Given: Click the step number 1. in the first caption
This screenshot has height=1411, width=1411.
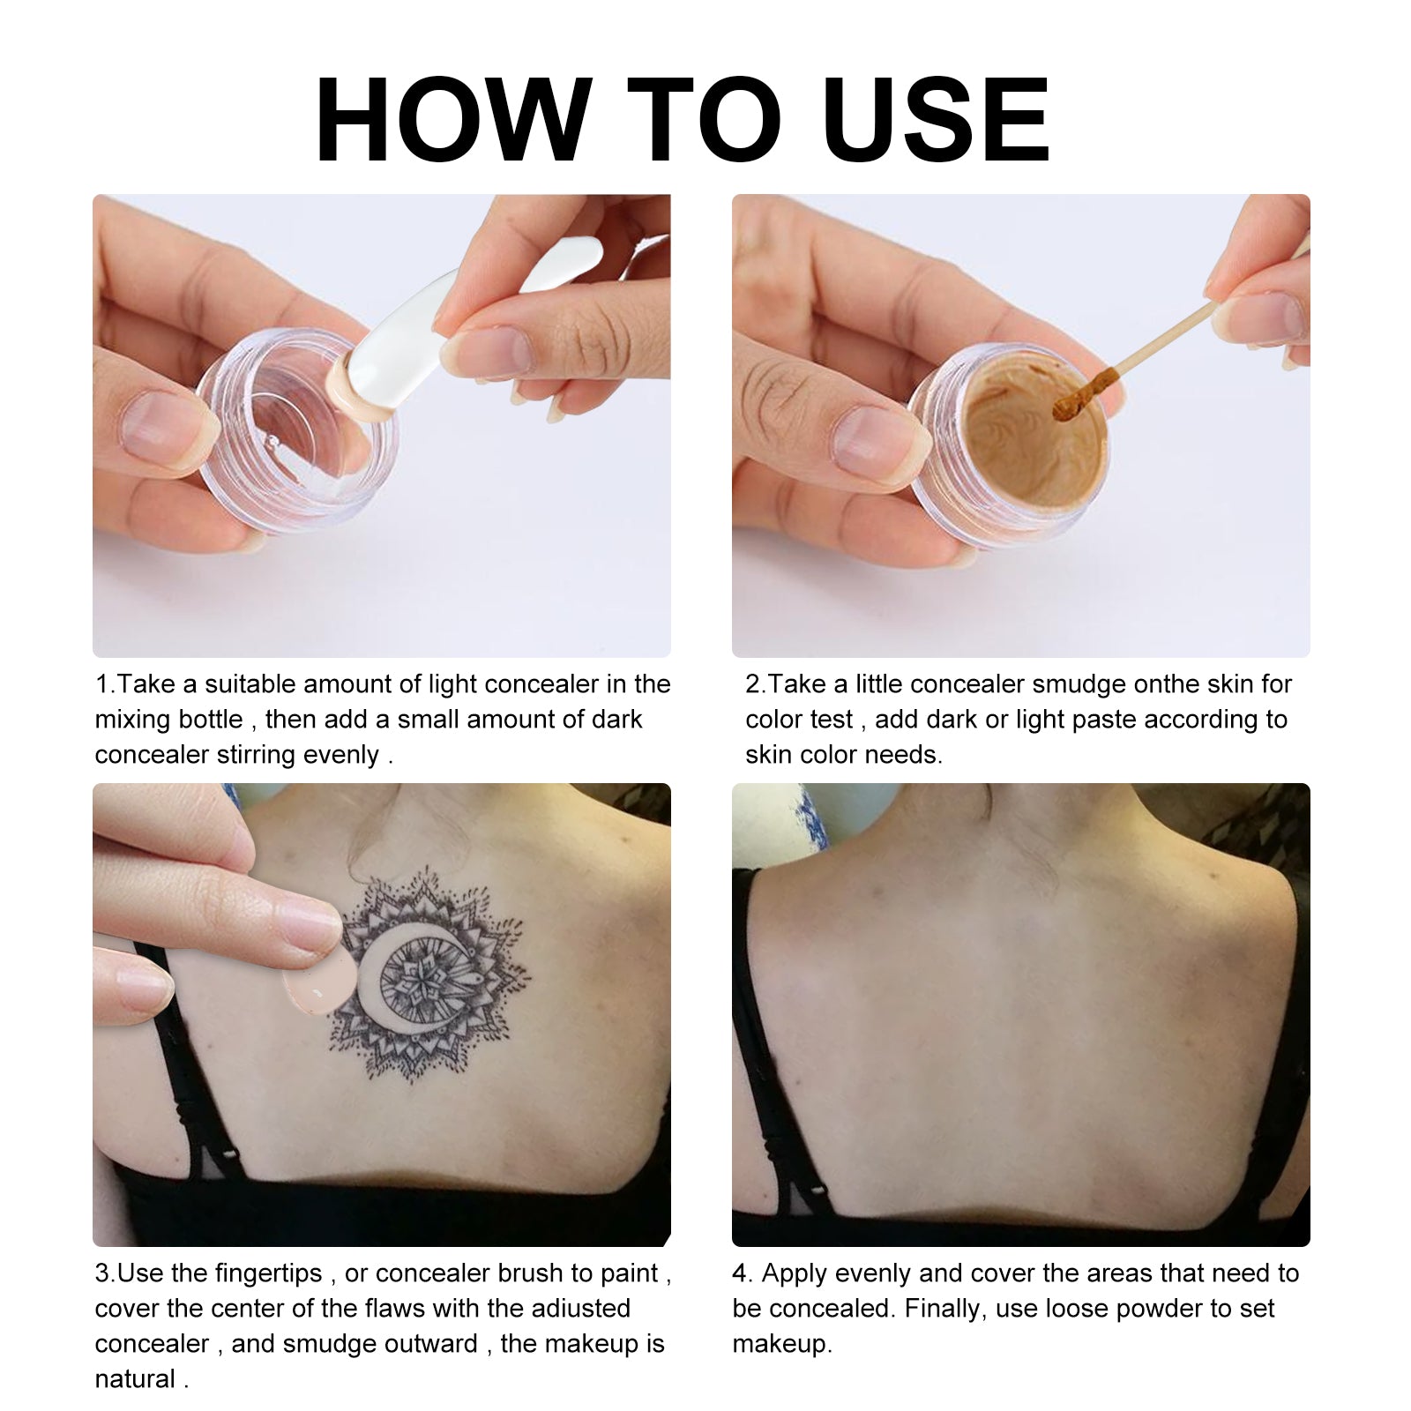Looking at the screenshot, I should click(105, 684).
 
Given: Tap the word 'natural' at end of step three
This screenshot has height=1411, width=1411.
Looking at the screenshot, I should click(135, 1379).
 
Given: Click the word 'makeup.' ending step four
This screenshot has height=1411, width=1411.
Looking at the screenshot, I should click(781, 1344).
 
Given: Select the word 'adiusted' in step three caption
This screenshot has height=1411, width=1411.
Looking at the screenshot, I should click(579, 1309).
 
